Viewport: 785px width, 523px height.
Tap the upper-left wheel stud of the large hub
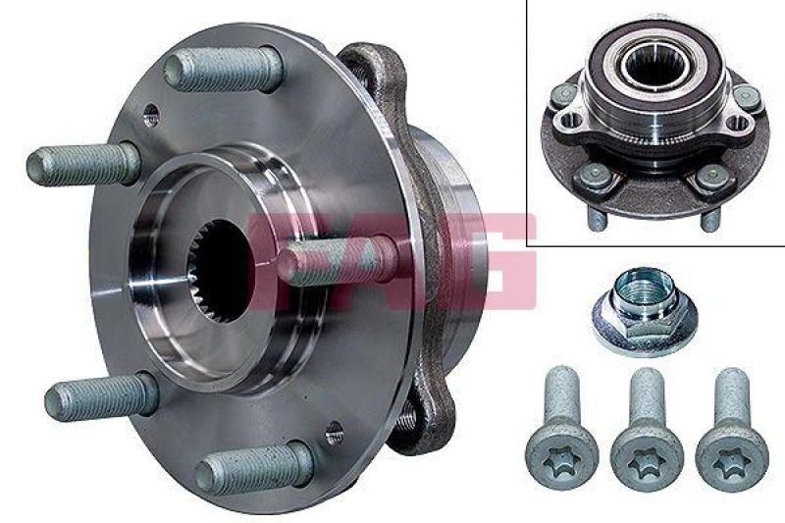(84, 163)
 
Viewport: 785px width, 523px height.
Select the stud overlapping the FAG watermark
(334, 262)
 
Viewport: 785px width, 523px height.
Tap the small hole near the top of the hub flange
(150, 115)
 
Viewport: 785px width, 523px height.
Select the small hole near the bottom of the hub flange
(334, 432)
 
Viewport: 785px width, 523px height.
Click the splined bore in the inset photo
(649, 65)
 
